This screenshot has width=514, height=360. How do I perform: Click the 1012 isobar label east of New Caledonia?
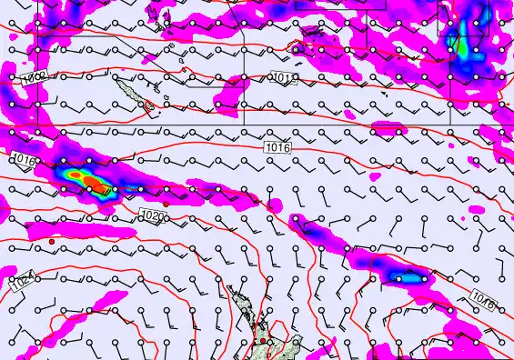tap(285, 79)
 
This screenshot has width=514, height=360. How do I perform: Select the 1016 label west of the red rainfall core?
tap(25, 161)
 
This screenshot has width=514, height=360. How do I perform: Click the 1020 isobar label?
tap(155, 216)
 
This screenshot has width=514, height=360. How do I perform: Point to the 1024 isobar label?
tap(22, 282)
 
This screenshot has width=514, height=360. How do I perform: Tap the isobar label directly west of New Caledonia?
tap(35, 80)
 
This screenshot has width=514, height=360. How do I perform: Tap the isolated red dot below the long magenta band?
tap(54, 240)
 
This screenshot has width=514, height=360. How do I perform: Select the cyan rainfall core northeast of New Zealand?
tap(400, 275)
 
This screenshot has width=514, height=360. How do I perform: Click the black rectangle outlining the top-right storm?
tap(464, 18)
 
